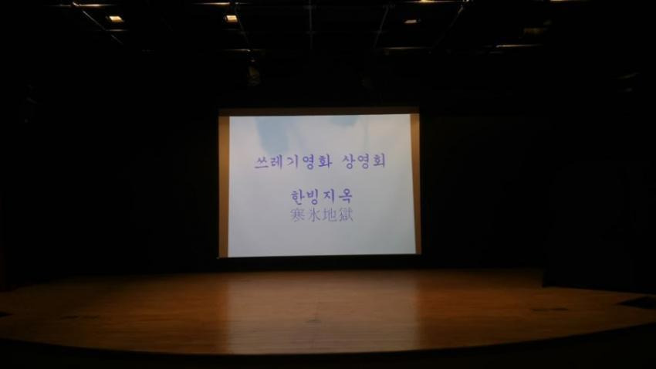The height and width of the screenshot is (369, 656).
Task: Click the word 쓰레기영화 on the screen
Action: coord(292,161)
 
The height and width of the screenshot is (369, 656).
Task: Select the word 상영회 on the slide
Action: coord(364,161)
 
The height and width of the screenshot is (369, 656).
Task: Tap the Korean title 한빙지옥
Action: coord(321,196)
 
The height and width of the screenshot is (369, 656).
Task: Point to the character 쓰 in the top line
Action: coord(262,162)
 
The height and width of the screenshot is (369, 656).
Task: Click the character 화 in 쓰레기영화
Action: coord(324,161)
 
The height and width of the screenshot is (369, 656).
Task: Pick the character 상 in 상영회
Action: coord(349,161)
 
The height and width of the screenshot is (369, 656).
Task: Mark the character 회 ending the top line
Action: coord(378,161)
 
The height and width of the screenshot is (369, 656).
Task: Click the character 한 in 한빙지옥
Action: coord(298,196)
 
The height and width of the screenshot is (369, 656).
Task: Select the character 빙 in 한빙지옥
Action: coord(313,197)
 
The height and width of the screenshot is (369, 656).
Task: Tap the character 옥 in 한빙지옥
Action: coord(345,196)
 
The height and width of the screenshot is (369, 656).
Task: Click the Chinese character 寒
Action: coord(298,215)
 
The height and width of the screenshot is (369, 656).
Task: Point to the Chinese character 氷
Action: coord(314,215)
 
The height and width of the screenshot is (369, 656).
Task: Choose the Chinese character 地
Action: coord(330,215)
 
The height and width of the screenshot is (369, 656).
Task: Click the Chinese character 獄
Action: coord(346,215)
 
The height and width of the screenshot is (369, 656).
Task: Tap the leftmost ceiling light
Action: coord(115,19)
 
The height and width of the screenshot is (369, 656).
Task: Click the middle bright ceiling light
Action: coord(231,19)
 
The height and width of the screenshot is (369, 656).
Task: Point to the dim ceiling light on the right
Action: coord(411,22)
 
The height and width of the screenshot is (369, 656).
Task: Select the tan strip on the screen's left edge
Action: coord(223,186)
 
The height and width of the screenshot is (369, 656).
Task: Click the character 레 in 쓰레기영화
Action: coord(277,162)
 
